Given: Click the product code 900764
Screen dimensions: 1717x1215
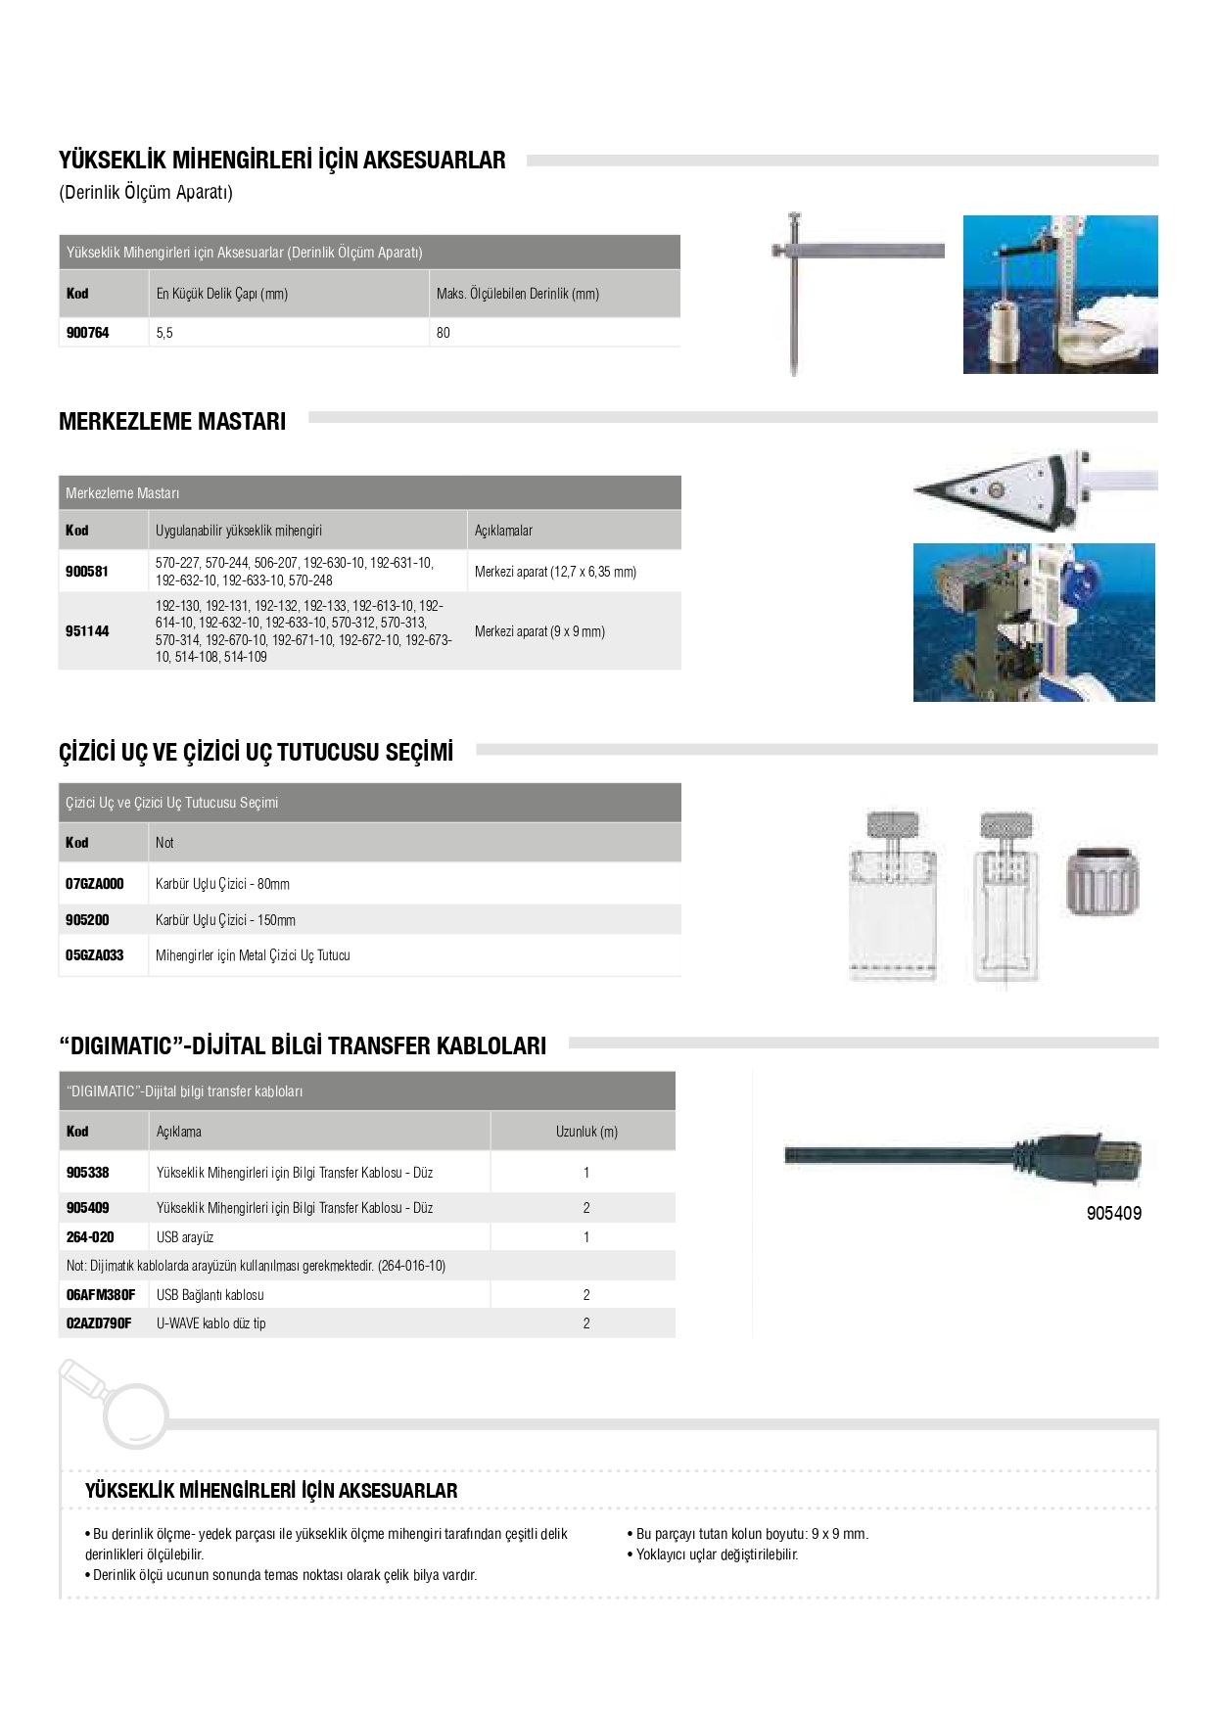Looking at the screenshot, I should [x=88, y=333].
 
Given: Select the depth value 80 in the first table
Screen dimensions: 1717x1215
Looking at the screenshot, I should [x=444, y=333].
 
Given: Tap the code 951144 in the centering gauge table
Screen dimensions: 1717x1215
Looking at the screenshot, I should [x=87, y=631].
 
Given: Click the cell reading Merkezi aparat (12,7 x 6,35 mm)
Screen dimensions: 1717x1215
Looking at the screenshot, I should [x=555, y=572].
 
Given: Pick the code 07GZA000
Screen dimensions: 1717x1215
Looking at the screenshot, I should [x=95, y=884].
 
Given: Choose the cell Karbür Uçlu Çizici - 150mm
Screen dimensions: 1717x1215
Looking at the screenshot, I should [x=225, y=920].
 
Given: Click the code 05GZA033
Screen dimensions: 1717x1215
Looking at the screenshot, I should [x=95, y=955].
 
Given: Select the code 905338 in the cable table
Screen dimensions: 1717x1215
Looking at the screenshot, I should [x=88, y=1173].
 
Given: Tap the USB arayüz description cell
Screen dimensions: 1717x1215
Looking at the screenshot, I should [x=185, y=1237].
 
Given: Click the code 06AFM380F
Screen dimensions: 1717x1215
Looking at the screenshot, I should [x=101, y=1295].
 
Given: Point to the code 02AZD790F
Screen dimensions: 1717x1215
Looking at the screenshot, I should [x=99, y=1323].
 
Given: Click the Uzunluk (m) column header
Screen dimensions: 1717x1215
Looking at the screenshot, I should [x=586, y=1132].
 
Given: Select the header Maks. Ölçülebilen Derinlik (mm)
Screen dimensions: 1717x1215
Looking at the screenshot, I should [x=518, y=294].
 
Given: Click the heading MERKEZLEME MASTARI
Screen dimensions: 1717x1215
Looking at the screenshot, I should [x=172, y=422].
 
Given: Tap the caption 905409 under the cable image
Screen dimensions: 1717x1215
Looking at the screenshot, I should [x=1113, y=1214].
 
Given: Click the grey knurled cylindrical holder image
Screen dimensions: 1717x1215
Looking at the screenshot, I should [x=1101, y=881].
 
